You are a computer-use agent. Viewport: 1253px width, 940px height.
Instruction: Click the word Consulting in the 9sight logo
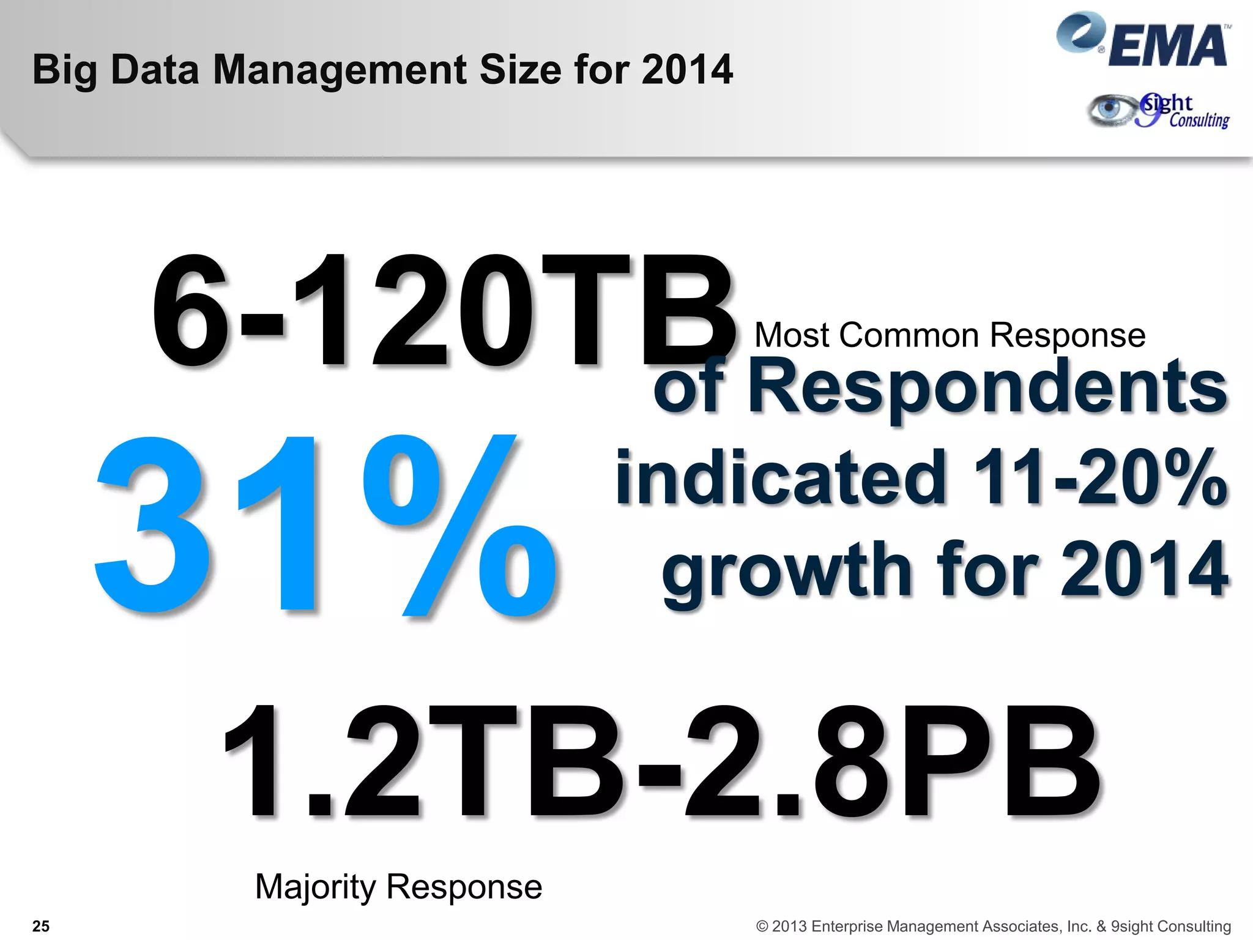[1199, 120]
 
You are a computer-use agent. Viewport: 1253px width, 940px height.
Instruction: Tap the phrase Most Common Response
[950, 335]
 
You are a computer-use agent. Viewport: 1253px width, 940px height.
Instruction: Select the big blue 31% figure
[324, 525]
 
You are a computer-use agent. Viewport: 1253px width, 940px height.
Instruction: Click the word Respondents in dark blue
[987, 387]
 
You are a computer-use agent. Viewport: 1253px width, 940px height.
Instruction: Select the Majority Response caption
[398, 887]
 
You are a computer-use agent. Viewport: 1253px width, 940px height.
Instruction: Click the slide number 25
[41, 926]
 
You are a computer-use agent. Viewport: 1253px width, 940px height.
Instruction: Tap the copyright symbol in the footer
[762, 926]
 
